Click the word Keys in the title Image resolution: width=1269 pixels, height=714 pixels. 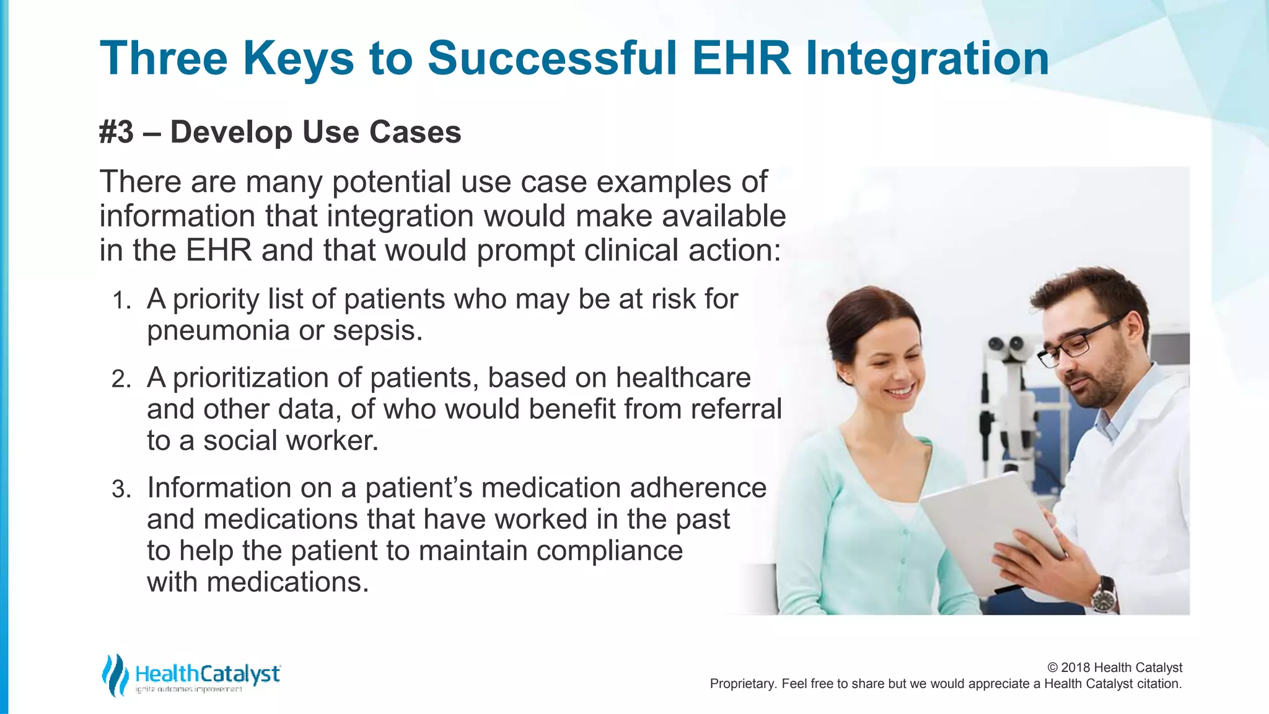pyautogui.click(x=298, y=59)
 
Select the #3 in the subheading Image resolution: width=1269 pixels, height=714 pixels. pyautogui.click(x=116, y=132)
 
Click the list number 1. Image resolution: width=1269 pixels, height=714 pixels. pyautogui.click(x=121, y=301)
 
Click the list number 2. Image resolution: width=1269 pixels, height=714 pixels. pyautogui.click(x=121, y=379)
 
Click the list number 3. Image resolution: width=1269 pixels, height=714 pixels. pyautogui.click(x=121, y=490)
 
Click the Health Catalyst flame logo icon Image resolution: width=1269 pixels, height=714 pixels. pyautogui.click(x=115, y=675)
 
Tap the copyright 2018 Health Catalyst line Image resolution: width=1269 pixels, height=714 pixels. pyautogui.click(x=1114, y=668)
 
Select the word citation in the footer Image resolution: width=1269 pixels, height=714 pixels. pyautogui.click(x=1157, y=684)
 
